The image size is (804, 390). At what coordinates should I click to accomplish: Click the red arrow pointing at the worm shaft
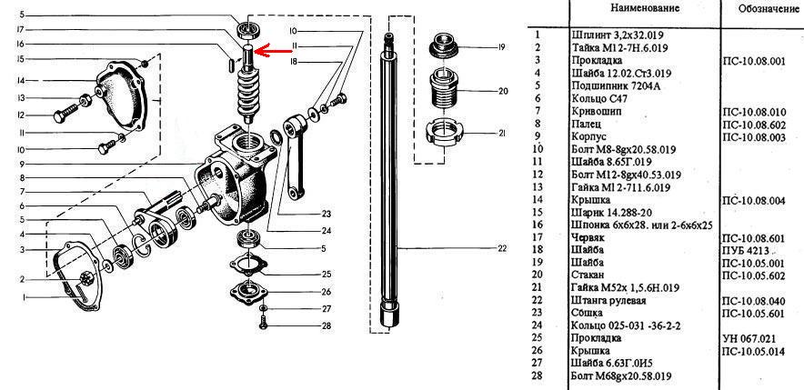(272, 50)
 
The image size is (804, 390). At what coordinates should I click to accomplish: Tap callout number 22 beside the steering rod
(501, 248)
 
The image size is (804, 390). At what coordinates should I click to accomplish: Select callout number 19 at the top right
(501, 47)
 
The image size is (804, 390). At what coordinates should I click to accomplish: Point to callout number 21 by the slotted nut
(501, 134)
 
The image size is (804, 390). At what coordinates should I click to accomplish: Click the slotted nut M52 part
(441, 134)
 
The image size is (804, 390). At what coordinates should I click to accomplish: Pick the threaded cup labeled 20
(442, 90)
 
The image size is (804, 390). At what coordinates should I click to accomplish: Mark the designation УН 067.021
(749, 338)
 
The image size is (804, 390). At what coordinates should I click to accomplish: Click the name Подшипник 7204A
(616, 86)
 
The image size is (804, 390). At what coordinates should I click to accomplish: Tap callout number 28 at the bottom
(327, 326)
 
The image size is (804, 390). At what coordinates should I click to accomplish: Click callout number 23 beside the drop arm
(327, 214)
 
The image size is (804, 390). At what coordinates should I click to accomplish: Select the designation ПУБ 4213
(746, 251)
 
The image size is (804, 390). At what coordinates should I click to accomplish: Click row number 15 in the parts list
(538, 213)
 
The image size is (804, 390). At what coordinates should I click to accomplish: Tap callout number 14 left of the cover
(21, 81)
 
